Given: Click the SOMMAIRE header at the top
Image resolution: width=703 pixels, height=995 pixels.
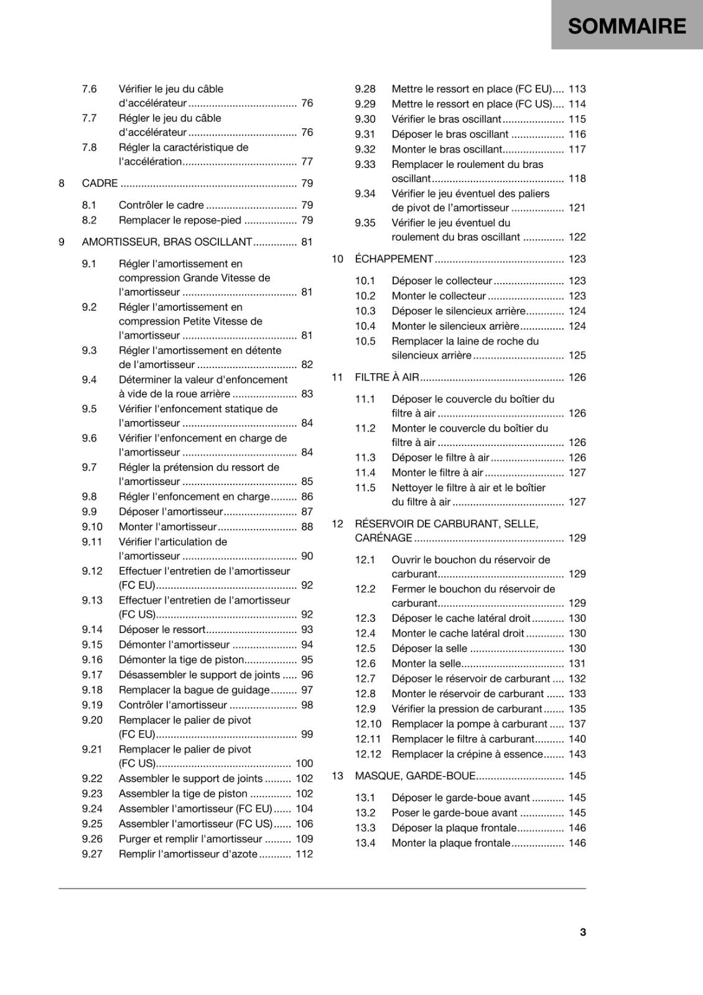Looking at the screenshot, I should pos(626,26).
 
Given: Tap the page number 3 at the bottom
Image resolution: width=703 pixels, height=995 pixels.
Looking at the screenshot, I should pos(583,932).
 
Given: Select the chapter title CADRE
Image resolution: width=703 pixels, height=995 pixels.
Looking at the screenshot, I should pos(100,183).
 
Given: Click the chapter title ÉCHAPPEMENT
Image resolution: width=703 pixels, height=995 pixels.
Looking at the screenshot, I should pos(394,259).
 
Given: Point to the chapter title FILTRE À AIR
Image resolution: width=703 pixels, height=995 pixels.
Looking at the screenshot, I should pos(387,377).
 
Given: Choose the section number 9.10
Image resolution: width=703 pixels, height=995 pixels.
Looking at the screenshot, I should pos(92,527).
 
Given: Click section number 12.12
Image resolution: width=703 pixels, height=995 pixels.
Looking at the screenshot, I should pos(368,754).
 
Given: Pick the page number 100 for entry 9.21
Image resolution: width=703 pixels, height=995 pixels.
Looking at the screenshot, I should pos(304,764).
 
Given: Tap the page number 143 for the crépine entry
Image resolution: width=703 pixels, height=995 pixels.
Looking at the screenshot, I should pos(577,754).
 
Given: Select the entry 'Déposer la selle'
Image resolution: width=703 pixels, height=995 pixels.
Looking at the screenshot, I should pos(429,649).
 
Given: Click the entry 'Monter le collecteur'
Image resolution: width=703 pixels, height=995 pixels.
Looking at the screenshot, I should pos(439,296).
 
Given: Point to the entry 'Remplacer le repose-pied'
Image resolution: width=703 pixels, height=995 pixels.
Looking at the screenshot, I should pos(180,220).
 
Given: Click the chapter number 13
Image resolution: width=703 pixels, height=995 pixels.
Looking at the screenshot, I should pos(337,775).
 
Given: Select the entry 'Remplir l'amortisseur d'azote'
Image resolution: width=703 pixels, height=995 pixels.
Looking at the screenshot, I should pos(188,854).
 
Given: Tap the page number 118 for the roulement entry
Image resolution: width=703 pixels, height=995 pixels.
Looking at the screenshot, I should pos(577,178).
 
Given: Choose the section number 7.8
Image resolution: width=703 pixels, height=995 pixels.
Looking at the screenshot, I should pos(89,147).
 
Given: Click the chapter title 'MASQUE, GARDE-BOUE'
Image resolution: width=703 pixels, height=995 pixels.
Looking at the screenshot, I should pos(415,775).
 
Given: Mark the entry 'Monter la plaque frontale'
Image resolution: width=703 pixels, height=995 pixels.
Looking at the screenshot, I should pos(451,843).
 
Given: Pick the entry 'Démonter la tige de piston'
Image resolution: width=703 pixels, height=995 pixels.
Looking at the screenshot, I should pos(181,660).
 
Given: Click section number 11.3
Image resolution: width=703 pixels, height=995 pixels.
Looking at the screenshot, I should pos(365,458).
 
